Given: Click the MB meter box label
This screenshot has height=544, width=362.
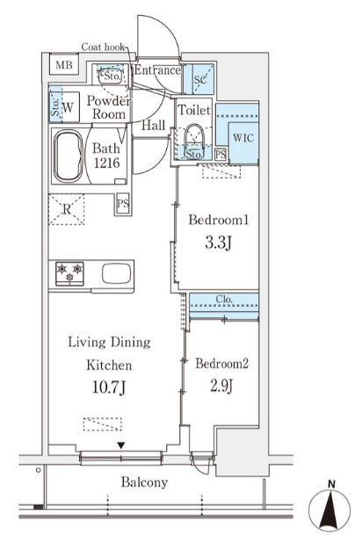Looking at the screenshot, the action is click(64, 64).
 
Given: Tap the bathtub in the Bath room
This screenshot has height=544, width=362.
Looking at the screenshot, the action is click(69, 156).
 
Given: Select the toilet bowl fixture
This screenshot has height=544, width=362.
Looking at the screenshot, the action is click(194, 139).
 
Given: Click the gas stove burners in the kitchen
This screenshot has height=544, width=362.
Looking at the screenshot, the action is click(69, 273).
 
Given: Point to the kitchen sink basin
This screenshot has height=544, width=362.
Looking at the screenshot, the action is click(117, 273).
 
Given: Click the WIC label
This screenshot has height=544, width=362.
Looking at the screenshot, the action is click(243, 138).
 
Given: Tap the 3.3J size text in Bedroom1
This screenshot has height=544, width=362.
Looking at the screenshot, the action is click(218, 243).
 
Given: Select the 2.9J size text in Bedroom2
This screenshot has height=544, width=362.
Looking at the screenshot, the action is click(221, 386).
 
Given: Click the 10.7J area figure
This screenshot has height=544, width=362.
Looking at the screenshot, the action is click(109, 388).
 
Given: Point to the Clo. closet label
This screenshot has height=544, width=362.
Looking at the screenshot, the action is click(224, 299).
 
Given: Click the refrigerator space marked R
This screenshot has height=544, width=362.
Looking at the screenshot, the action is click(66, 209).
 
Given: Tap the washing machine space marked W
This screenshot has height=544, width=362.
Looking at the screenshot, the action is click(68, 107).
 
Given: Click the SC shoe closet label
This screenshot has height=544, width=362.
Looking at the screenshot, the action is click(200, 79).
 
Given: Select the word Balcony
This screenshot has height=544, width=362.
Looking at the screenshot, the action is click(144, 482).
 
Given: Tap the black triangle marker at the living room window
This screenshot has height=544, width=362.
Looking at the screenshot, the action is click(120, 445).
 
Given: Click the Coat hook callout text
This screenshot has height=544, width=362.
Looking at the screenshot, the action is click(103, 47).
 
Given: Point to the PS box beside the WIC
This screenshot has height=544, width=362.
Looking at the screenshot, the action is click(221, 154).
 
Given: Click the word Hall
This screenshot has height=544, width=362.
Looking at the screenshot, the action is click(153, 126).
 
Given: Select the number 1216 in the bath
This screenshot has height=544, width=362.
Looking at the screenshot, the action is click(107, 163).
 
